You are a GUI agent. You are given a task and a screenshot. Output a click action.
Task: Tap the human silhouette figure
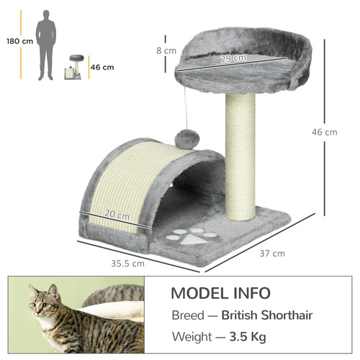(x=47, y=45)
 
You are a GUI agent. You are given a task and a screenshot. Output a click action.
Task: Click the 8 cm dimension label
(x=166, y=51)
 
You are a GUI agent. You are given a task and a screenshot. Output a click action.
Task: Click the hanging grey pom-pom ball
(x=186, y=139)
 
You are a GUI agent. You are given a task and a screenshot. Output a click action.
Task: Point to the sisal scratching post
(x=240, y=158)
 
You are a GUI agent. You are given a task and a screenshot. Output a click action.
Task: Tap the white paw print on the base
(x=191, y=238)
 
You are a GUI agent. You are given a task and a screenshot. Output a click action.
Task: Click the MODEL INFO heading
(x=220, y=293)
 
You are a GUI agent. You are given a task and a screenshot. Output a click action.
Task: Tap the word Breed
(x=188, y=315)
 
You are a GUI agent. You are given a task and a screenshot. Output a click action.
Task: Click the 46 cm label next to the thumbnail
(x=102, y=68)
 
